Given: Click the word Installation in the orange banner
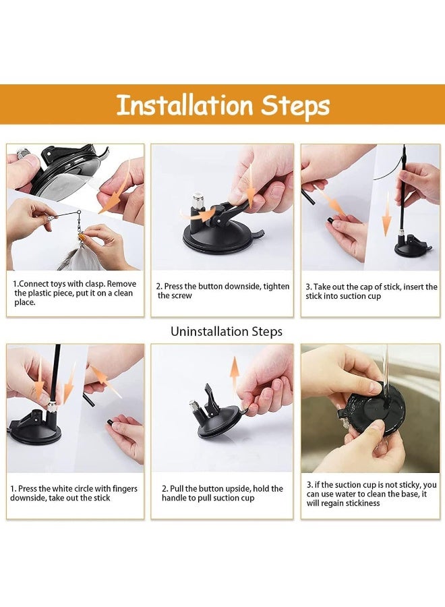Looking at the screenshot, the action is coord(185,105).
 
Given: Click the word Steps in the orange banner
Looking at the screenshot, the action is coord(295,106).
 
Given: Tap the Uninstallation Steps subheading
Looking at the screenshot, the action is coord(227,332).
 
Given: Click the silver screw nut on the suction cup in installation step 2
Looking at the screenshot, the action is coord(198,200).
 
